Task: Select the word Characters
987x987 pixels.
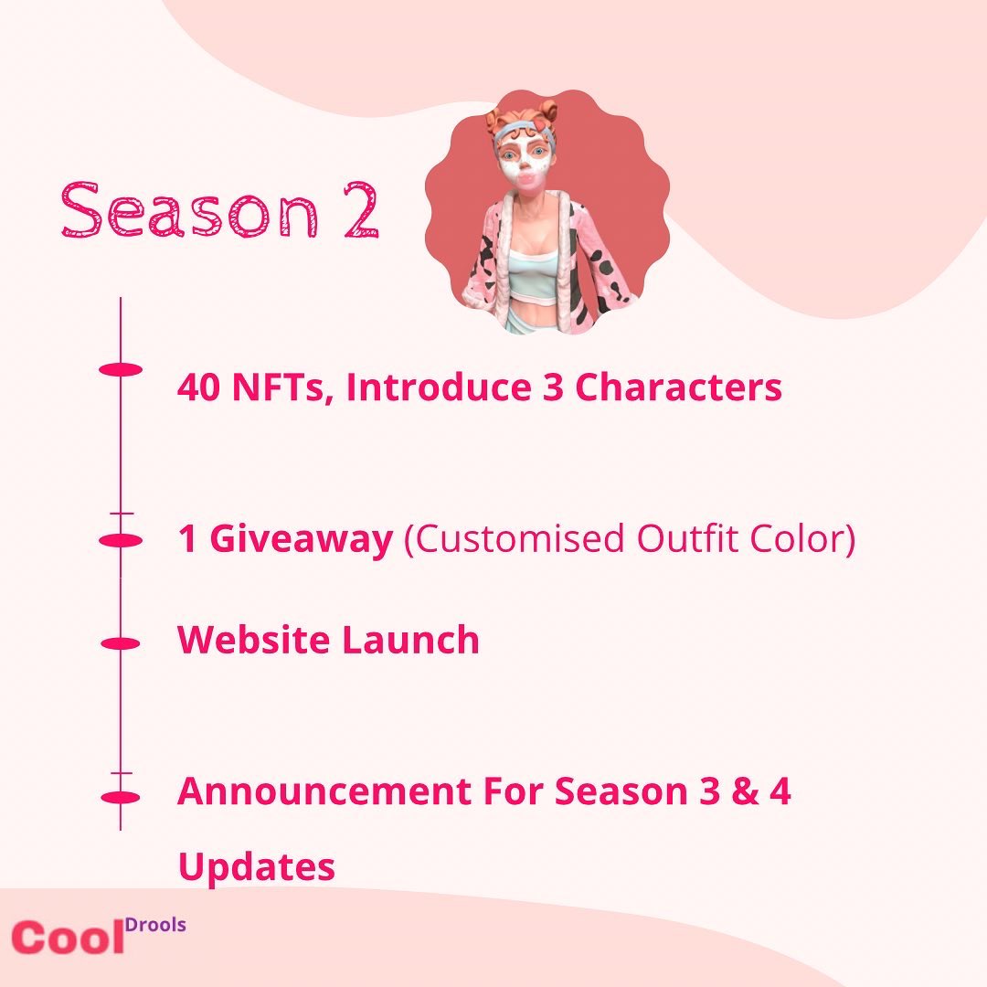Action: click(677, 388)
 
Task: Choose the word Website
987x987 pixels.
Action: click(254, 640)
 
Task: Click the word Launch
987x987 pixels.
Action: click(410, 640)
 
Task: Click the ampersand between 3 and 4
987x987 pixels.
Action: click(746, 791)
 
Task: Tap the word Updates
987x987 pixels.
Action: click(257, 866)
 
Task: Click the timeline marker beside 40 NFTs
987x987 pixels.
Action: click(120, 369)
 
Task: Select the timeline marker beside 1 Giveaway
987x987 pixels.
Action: click(120, 541)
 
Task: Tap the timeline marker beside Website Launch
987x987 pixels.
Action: click(120, 643)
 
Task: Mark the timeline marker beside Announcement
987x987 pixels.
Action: click(120, 797)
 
